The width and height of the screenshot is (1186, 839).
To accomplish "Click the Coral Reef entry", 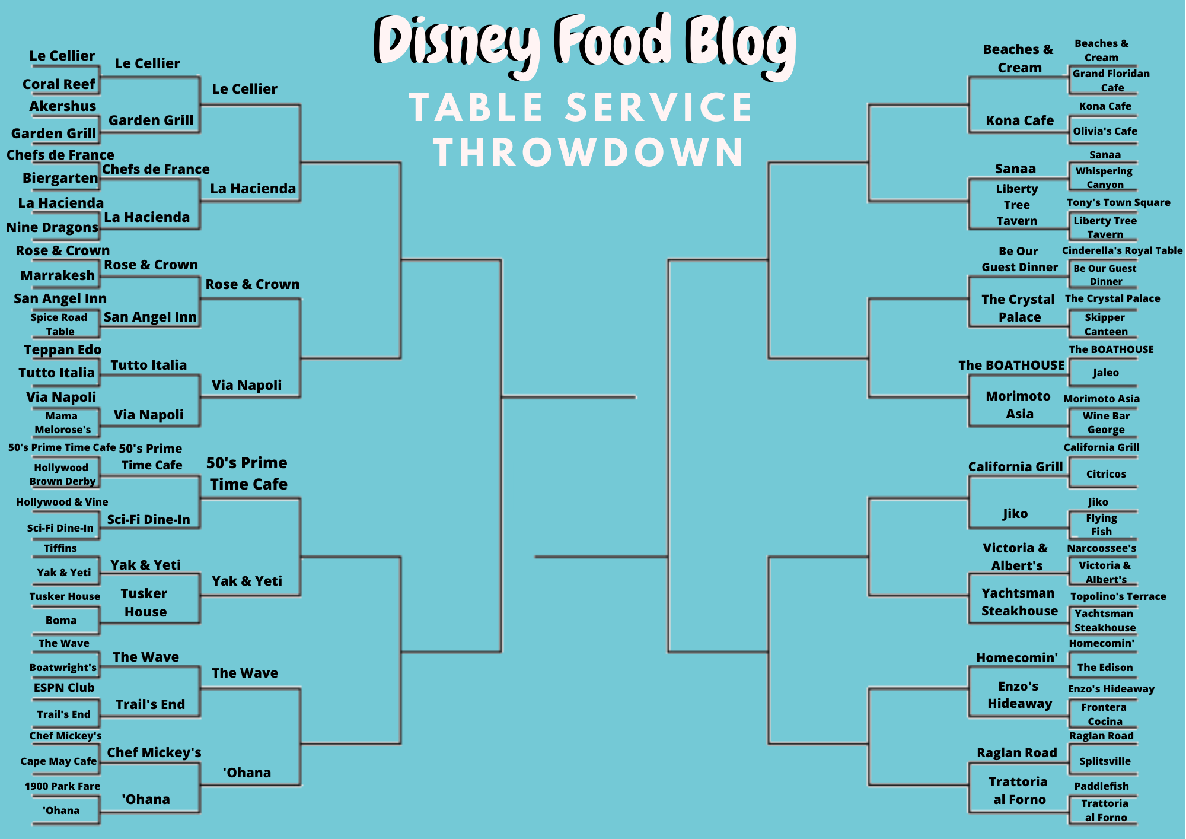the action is [x=59, y=84].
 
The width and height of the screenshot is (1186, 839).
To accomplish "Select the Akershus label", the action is [x=63, y=106].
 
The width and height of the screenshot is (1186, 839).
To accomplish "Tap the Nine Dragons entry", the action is [x=52, y=227].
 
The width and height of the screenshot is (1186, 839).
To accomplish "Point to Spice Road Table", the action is [x=59, y=325].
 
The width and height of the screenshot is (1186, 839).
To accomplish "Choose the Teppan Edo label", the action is [x=63, y=349].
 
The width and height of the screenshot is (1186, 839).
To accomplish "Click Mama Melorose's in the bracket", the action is [x=62, y=422].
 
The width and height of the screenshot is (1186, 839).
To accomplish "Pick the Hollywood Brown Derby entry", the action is [x=62, y=475].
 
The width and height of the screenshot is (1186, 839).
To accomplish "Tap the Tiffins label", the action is [x=60, y=548].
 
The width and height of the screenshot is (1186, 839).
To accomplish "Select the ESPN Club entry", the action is [x=64, y=688].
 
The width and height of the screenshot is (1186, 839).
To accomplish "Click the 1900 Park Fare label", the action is [x=62, y=786].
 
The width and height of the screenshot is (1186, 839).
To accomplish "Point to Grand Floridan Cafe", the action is [x=1111, y=81].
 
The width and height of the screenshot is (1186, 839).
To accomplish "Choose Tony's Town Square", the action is [x=1118, y=202].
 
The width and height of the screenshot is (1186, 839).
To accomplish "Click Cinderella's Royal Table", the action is [x=1123, y=250].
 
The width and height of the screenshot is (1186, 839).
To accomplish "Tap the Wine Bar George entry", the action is [x=1106, y=422].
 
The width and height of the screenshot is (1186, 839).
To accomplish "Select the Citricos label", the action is [x=1106, y=474].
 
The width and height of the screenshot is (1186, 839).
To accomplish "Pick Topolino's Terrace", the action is [x=1118, y=596].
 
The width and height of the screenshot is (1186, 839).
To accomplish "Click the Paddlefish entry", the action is [x=1102, y=786].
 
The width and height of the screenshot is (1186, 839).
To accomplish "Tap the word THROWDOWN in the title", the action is [x=589, y=152].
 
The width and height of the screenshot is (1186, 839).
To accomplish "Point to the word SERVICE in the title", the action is [x=659, y=107].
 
